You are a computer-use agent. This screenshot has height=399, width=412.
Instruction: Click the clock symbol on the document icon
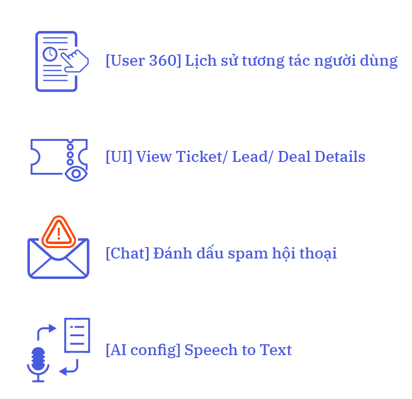click(x=50, y=53)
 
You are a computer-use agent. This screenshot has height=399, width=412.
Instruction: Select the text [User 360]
click(x=143, y=61)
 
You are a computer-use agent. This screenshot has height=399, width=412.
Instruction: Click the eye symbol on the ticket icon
click(x=76, y=173)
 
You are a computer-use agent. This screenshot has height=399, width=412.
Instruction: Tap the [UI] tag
click(x=119, y=157)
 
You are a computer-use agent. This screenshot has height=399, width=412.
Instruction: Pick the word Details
click(x=341, y=157)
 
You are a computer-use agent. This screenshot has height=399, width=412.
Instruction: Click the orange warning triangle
click(x=59, y=232)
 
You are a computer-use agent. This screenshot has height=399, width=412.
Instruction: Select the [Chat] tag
click(x=127, y=253)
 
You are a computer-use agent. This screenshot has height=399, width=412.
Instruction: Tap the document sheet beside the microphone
click(x=77, y=335)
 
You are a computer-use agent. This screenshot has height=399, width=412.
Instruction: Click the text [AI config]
click(x=142, y=350)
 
